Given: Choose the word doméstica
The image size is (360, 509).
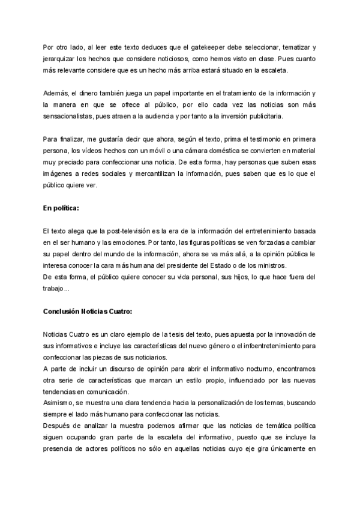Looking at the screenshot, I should (197, 151).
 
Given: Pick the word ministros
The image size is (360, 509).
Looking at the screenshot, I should (272, 266).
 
